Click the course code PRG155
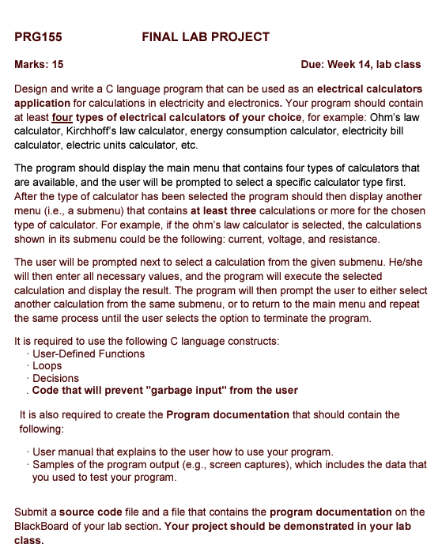tap(38, 37)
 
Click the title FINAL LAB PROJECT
tap(206, 37)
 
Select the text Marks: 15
tap(39, 64)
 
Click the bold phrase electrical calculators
tap(369, 89)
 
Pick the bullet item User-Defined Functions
tap(89, 354)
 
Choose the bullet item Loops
tap(47, 366)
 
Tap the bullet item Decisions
tap(55, 378)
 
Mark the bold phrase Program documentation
tap(228, 414)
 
